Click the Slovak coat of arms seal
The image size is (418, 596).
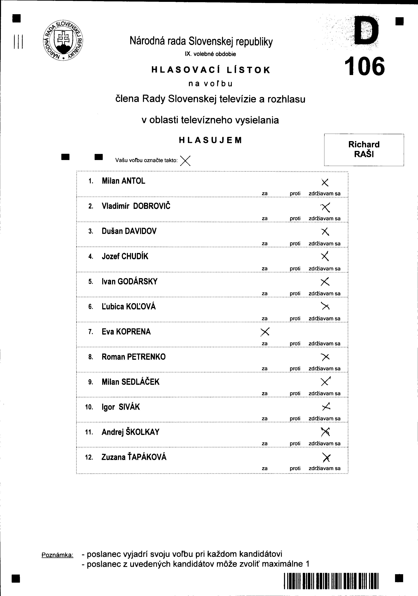click(x=63, y=41)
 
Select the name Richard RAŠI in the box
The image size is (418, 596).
click(x=364, y=149)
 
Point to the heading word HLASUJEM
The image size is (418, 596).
click(x=210, y=140)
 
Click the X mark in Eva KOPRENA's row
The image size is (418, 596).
click(x=265, y=332)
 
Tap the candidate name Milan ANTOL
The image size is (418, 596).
click(x=124, y=181)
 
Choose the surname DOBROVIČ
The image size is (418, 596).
click(x=152, y=206)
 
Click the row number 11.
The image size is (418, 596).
click(x=89, y=432)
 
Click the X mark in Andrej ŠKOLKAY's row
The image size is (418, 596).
click(x=325, y=432)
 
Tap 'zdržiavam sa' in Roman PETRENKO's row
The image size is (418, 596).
click(x=324, y=368)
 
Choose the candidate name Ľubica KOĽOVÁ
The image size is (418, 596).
click(x=129, y=307)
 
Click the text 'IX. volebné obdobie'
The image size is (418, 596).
click(x=210, y=54)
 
